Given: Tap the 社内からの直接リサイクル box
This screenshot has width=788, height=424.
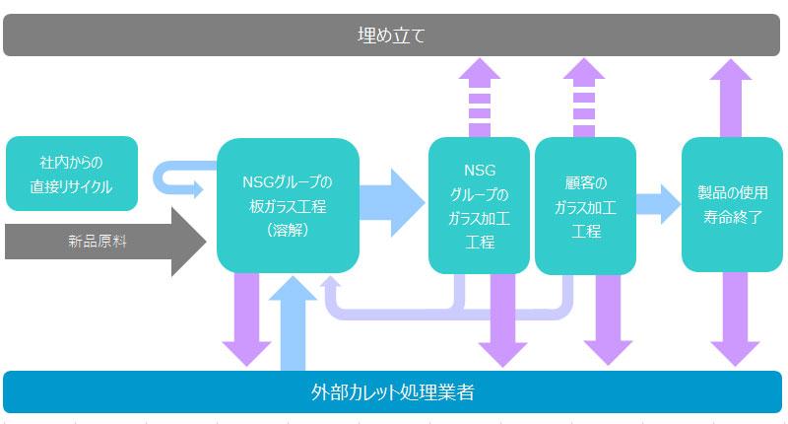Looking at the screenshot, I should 71,174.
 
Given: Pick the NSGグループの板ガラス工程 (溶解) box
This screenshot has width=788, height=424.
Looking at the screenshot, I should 287,205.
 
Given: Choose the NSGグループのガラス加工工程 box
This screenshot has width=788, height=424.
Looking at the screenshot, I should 479,205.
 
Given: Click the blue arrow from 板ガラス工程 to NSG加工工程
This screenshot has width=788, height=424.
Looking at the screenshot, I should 391,202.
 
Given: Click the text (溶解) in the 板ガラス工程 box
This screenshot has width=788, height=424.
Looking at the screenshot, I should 287,230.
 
